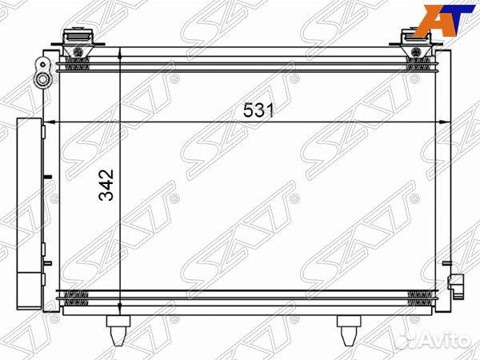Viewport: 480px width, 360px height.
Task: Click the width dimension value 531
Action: click(258, 112)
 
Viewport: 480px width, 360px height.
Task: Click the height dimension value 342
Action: click(110, 185)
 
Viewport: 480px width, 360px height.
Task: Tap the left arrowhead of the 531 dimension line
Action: click(64, 121)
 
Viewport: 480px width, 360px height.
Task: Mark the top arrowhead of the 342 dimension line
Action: click(119, 54)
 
